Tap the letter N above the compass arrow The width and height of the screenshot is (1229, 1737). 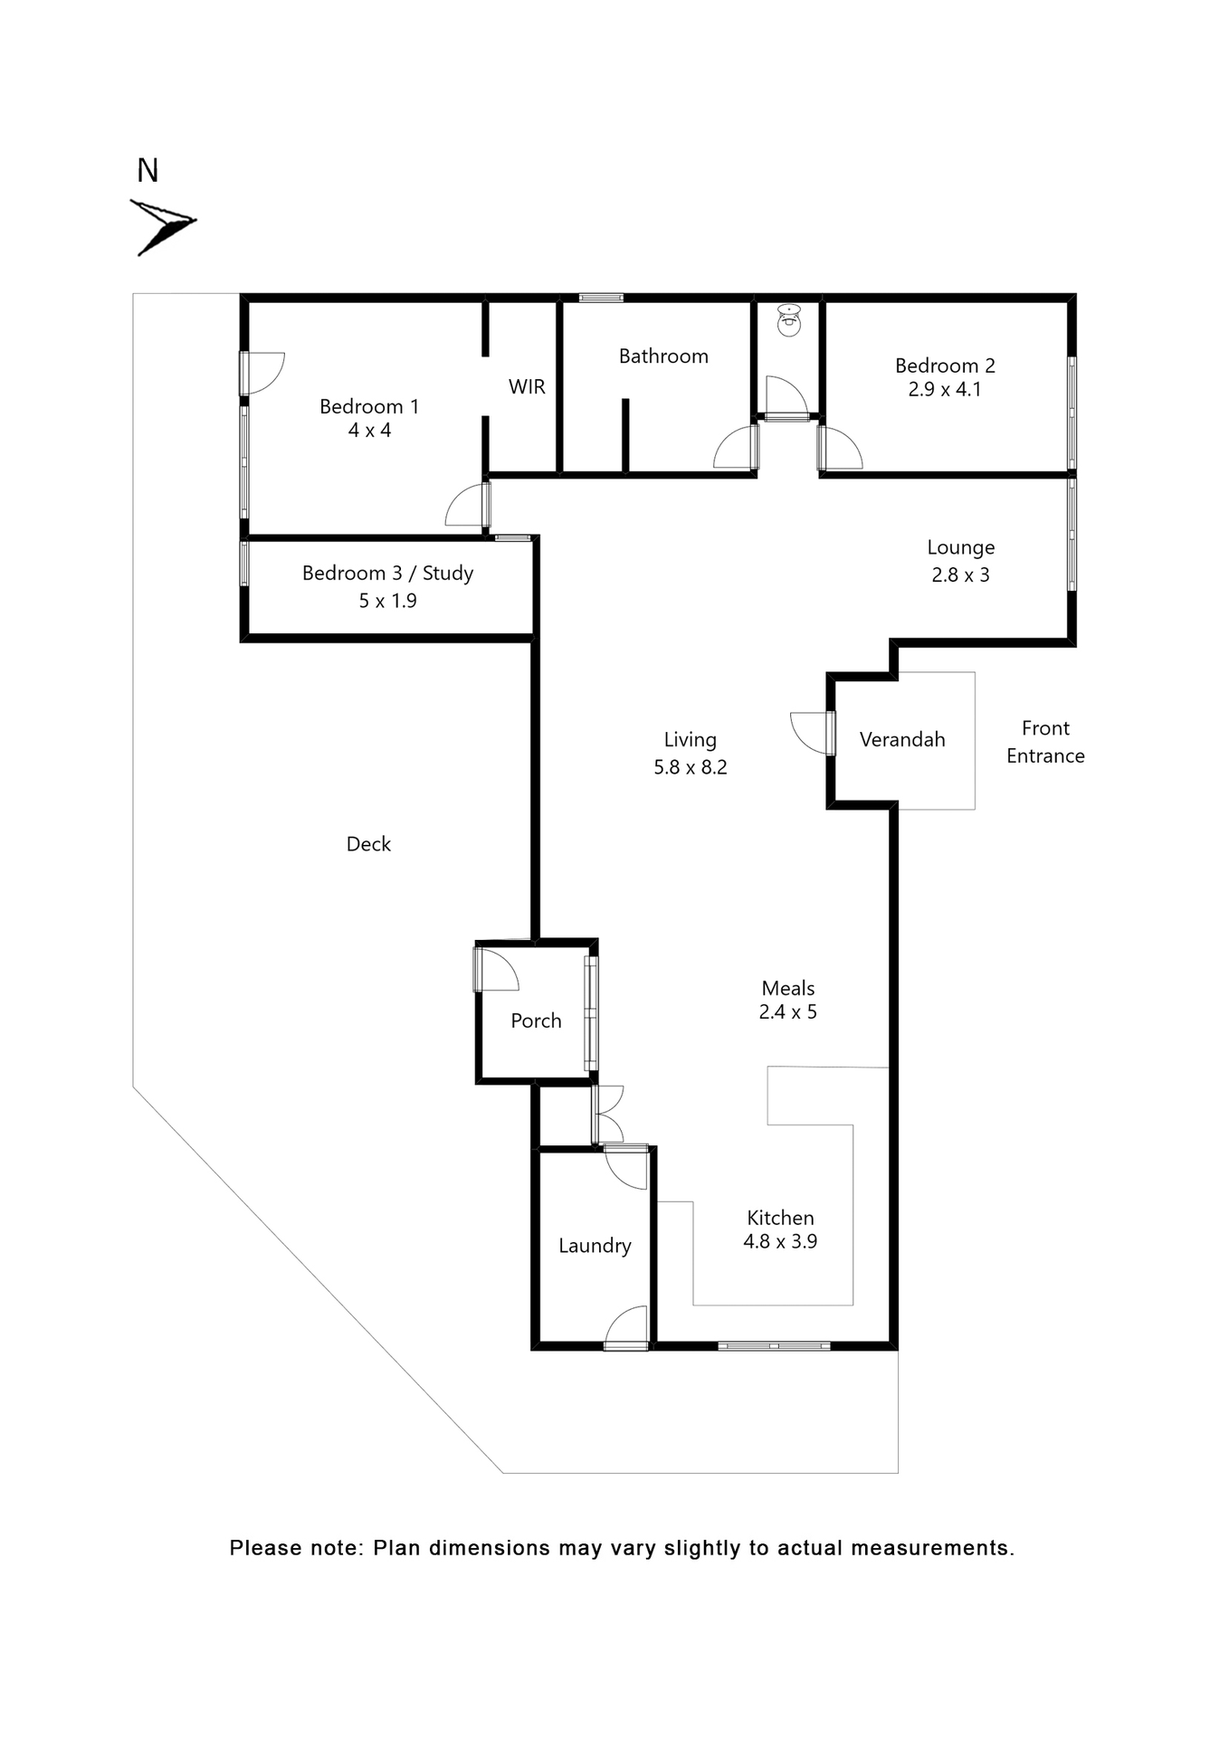148,171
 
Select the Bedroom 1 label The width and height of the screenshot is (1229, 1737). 369,407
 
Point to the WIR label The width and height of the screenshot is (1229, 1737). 527,387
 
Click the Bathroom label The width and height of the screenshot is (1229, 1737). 663,356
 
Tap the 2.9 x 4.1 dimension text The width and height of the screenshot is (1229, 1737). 945,390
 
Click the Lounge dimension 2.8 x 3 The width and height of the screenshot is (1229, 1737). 960,575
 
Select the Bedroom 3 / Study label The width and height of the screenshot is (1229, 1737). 387,574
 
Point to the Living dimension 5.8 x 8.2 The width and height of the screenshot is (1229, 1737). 691,767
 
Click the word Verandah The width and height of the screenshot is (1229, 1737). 902,740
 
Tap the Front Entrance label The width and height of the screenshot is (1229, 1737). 1045,742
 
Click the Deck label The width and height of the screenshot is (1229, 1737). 368,844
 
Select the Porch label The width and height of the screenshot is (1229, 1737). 536,1021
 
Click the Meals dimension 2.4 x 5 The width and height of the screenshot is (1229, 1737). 787,1012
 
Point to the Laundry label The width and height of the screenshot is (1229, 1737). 595,1246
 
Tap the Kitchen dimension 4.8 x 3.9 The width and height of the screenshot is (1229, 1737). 780,1242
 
